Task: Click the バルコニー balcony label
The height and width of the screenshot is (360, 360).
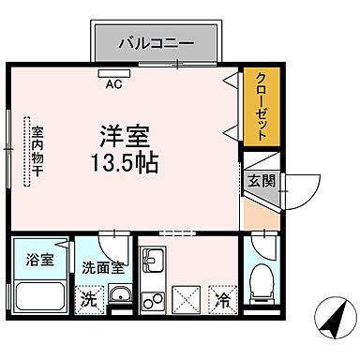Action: tap(156, 42)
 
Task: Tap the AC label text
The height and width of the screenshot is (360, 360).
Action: tap(114, 82)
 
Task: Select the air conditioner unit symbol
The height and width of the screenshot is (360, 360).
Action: tap(114, 70)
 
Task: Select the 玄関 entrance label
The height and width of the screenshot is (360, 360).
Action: tap(261, 180)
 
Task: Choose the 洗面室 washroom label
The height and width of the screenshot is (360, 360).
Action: tap(103, 266)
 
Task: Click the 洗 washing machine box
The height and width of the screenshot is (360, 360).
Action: tap(87, 300)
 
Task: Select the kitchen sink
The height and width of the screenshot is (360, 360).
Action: tap(153, 262)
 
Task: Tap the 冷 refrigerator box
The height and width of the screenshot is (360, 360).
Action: tap(223, 300)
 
